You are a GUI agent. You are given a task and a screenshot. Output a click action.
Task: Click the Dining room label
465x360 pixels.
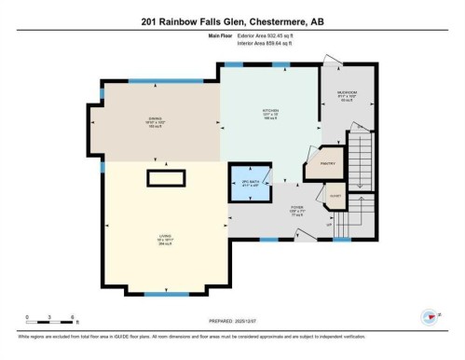[156, 118]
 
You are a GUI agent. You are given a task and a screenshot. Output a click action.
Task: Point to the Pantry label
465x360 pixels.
[327, 164]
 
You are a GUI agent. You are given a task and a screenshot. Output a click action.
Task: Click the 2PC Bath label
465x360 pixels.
[249, 181]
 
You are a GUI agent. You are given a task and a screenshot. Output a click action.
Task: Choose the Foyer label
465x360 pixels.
[297, 209]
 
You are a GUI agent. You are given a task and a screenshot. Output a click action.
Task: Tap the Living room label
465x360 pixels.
[164, 238]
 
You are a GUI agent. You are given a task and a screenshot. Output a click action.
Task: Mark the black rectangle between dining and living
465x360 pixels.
[164, 177]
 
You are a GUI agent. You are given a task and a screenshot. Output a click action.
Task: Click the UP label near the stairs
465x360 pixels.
[328, 225]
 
